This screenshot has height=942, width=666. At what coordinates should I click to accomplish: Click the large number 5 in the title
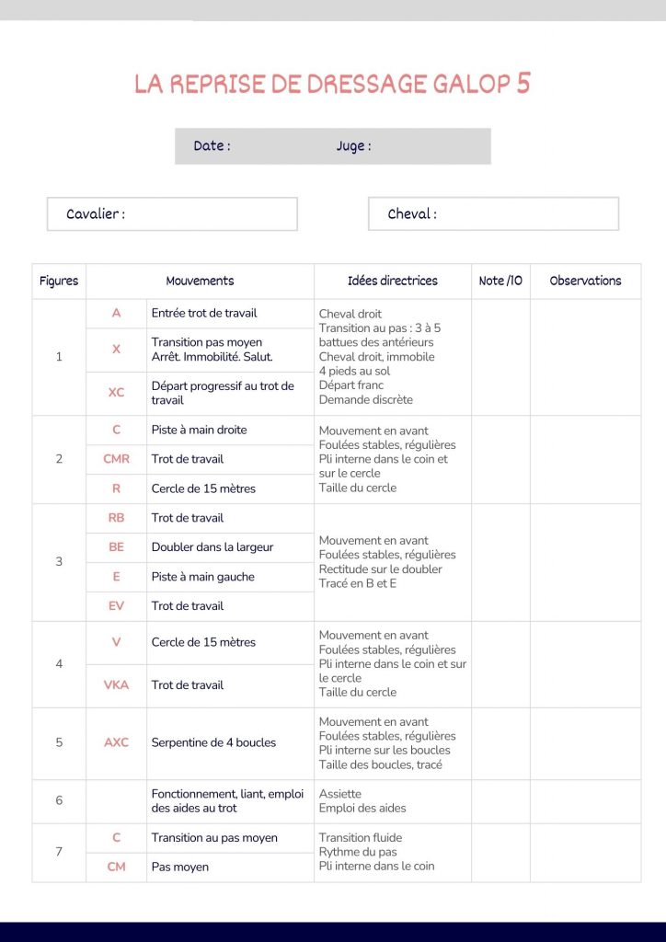pyautogui.click(x=522, y=83)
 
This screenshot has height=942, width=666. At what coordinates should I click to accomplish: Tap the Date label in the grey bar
pyautogui.click(x=212, y=145)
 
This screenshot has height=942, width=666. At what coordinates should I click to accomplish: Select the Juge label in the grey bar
pyautogui.click(x=353, y=145)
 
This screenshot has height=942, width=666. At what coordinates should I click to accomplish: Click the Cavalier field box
pyautogui.click(x=172, y=214)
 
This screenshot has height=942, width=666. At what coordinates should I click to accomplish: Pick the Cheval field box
pyautogui.click(x=493, y=214)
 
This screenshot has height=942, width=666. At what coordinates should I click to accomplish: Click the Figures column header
pyautogui.click(x=59, y=281)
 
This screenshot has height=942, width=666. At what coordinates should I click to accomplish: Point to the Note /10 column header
pyautogui.click(x=500, y=281)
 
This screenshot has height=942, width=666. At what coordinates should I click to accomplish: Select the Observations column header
pyautogui.click(x=585, y=281)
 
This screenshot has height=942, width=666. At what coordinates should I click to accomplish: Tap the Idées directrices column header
pyautogui.click(x=393, y=281)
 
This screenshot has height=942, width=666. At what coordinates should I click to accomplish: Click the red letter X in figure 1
pyautogui.click(x=116, y=350)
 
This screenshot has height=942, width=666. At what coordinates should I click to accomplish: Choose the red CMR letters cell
pyautogui.click(x=116, y=459)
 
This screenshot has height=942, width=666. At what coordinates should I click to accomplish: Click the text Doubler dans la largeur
pyautogui.click(x=212, y=547)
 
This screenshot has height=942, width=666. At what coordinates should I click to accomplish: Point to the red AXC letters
pyautogui.click(x=116, y=742)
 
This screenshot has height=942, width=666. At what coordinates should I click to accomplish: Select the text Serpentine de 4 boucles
pyautogui.click(x=213, y=742)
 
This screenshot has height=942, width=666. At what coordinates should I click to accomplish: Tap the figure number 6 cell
pyautogui.click(x=59, y=800)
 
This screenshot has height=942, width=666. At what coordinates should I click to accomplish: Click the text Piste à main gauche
pyautogui.click(x=203, y=577)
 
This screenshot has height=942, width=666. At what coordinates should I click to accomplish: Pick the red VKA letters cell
pyautogui.click(x=116, y=685)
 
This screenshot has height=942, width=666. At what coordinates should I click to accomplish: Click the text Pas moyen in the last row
pyautogui.click(x=180, y=867)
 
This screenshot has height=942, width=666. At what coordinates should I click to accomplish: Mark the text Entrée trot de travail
pyautogui.click(x=204, y=313)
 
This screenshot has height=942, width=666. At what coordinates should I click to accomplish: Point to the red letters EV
pyautogui.click(x=116, y=606)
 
